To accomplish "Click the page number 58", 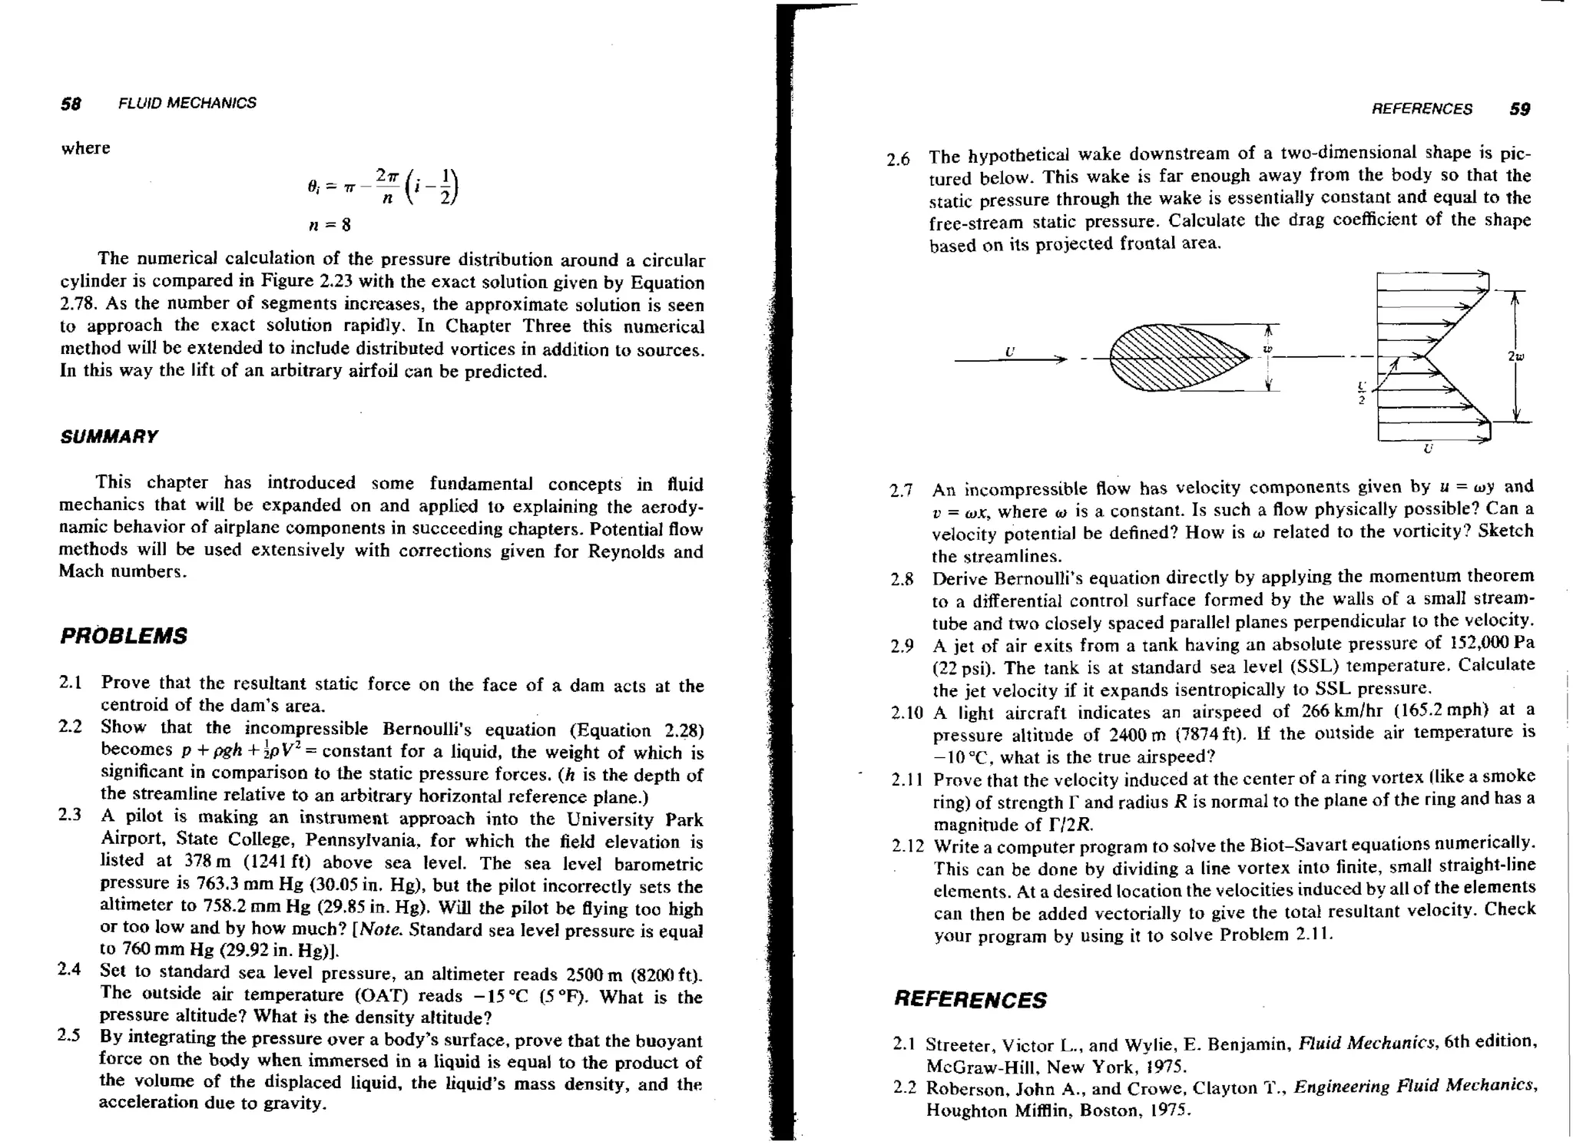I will [x=71, y=104].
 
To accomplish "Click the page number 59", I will [x=1519, y=109].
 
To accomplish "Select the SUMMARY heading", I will [x=109, y=437].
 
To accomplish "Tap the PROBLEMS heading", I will [x=124, y=636].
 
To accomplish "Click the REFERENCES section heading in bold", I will [x=970, y=1000].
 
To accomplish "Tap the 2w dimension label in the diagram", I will [x=1515, y=356].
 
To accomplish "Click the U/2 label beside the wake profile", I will [x=1362, y=392].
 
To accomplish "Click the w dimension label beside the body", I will [x=1268, y=349].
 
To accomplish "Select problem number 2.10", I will [x=906, y=713].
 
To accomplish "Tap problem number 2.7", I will [x=901, y=491].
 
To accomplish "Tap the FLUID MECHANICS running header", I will [x=187, y=104].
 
